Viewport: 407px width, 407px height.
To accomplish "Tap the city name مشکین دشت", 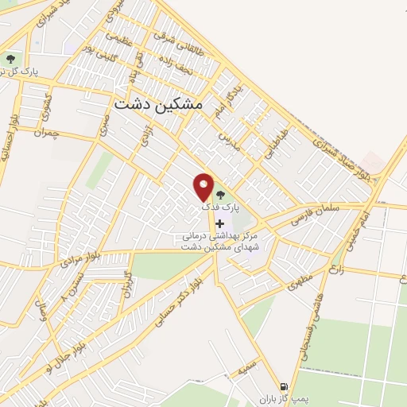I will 159,104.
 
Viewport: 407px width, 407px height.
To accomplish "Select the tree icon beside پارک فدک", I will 221,195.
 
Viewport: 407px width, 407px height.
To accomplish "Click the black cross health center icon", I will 220,223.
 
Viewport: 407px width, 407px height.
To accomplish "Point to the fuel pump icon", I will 284,388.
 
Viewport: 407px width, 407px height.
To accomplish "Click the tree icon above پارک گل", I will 10,58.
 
